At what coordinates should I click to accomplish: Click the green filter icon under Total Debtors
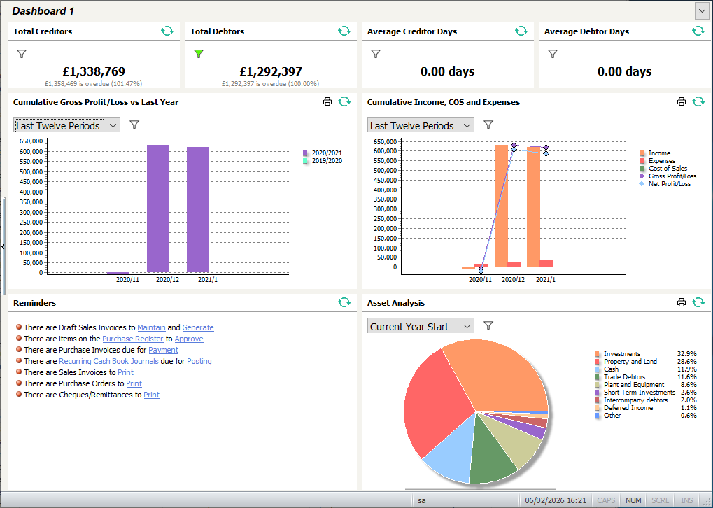tap(199, 53)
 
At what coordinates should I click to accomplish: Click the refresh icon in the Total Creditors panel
tap(167, 31)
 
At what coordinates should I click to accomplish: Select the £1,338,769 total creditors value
tap(94, 71)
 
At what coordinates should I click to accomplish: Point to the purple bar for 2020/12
tap(157, 209)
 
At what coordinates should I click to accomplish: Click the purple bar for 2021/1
tap(197, 210)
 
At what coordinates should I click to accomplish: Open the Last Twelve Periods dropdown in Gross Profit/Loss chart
tap(66, 125)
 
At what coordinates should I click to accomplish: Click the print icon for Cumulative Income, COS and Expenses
tap(682, 101)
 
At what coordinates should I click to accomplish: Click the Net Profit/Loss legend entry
tap(669, 184)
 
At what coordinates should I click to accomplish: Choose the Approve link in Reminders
tap(189, 339)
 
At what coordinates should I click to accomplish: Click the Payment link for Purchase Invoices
tap(163, 350)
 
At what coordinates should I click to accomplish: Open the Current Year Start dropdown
tap(420, 326)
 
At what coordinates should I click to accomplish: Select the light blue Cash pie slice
tap(448, 455)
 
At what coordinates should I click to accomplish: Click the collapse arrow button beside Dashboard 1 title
tap(701, 10)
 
